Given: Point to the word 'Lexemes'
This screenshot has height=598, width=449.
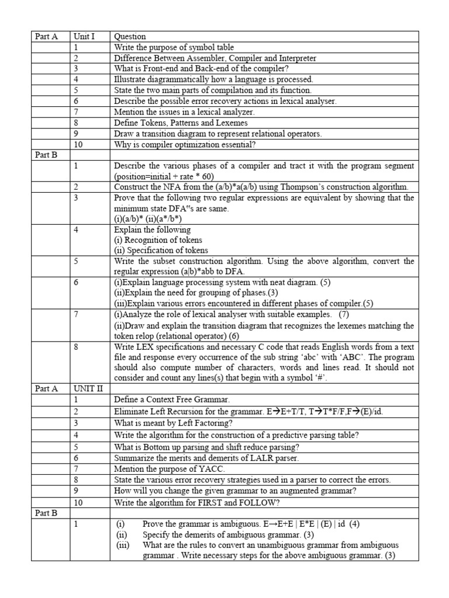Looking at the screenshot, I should click(230, 123).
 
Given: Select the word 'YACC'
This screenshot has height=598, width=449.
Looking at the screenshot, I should click(199, 469).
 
